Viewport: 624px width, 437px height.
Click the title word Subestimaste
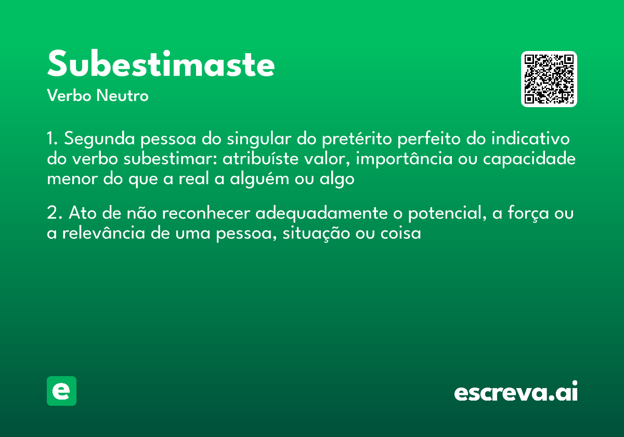pyautogui.click(x=161, y=65)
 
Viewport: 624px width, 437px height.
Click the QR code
pyautogui.click(x=549, y=79)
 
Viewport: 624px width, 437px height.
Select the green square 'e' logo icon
pyautogui.click(x=61, y=391)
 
